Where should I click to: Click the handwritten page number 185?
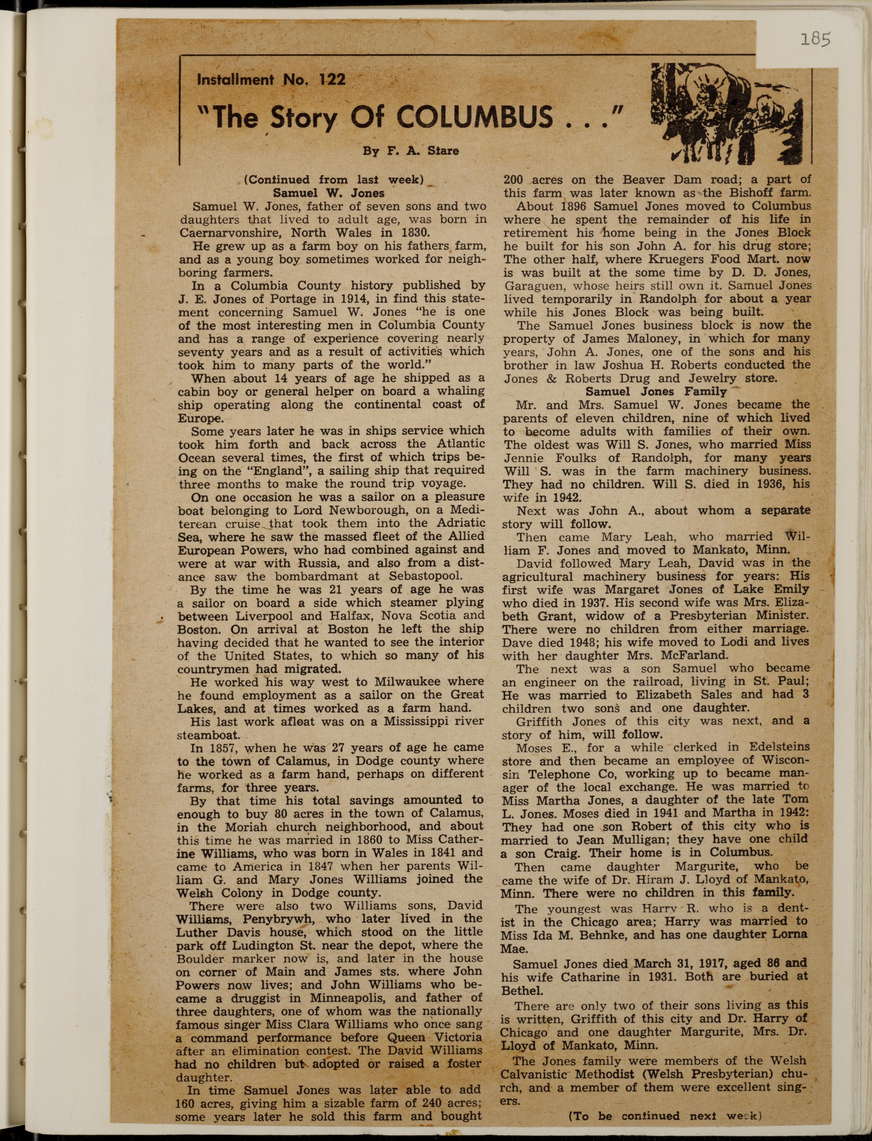click(815, 39)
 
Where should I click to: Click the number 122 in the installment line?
click(332, 79)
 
